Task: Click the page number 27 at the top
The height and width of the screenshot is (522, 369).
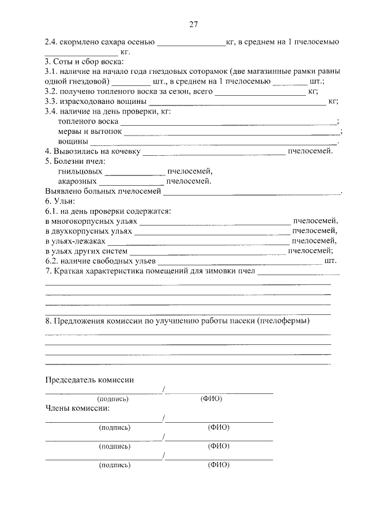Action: click(x=193, y=24)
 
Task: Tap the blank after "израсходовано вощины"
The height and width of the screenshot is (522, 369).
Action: click(x=237, y=102)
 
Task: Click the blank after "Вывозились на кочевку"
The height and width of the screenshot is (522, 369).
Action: click(x=213, y=152)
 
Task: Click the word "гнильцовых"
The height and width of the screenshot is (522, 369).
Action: click(x=80, y=171)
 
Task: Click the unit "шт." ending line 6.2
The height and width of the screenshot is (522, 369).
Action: click(x=330, y=261)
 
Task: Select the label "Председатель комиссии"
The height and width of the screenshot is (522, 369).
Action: click(x=89, y=380)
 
